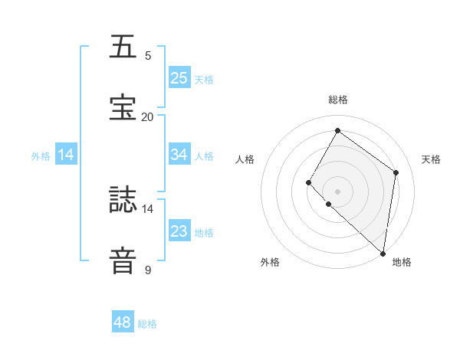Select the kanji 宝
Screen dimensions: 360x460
click(123, 107)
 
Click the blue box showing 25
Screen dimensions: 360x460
click(179, 77)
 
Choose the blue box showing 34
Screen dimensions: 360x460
click(179, 154)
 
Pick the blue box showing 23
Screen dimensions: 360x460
click(179, 231)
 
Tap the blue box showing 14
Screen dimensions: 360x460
click(66, 154)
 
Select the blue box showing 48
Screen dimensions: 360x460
click(123, 322)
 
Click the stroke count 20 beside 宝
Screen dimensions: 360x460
click(147, 116)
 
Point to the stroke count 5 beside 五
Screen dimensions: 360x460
click(147, 56)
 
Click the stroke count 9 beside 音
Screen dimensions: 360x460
click(147, 270)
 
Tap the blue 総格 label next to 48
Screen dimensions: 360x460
click(147, 324)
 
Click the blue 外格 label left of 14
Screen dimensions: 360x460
click(41, 156)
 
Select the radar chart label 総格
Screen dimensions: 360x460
click(337, 100)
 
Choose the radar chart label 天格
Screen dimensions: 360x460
click(431, 159)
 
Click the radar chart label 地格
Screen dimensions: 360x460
click(402, 262)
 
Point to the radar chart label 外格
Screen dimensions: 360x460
click(270, 262)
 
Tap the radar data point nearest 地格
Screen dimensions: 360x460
click(383, 253)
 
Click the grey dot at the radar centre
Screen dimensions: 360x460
click(337, 191)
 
